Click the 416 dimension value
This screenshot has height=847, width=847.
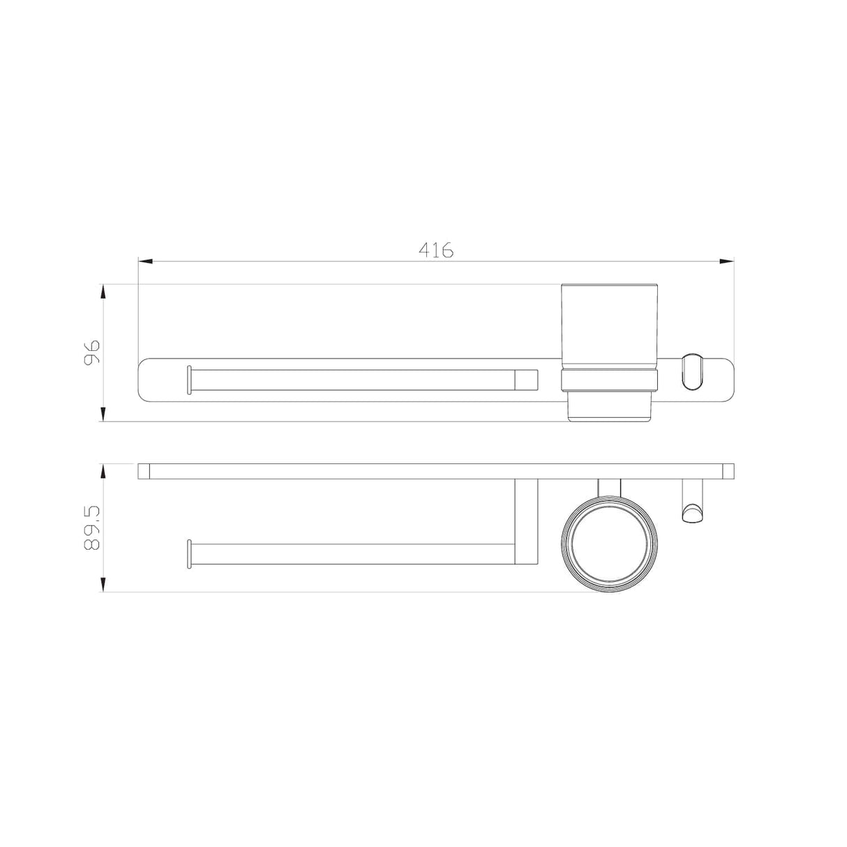pos(436,250)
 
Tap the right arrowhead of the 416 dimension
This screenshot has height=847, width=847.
pos(727,262)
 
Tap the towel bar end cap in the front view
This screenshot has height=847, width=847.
pos(188,380)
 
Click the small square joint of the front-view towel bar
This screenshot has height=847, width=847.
pos(527,380)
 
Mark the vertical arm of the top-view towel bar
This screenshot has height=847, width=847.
pos(527,521)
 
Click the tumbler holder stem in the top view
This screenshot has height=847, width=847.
pos(610,486)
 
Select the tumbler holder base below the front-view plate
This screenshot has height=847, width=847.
pos(610,410)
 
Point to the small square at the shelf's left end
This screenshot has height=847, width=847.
pos(144,471)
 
